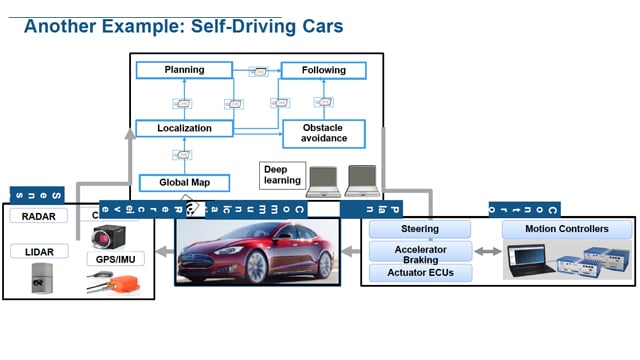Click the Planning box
point(184,70)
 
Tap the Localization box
point(183,128)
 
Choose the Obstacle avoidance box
point(323,132)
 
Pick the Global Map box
point(183,182)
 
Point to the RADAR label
point(39,215)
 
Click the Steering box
point(420,230)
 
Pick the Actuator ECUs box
point(420,272)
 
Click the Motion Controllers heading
point(566,229)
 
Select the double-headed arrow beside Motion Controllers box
point(487,251)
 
